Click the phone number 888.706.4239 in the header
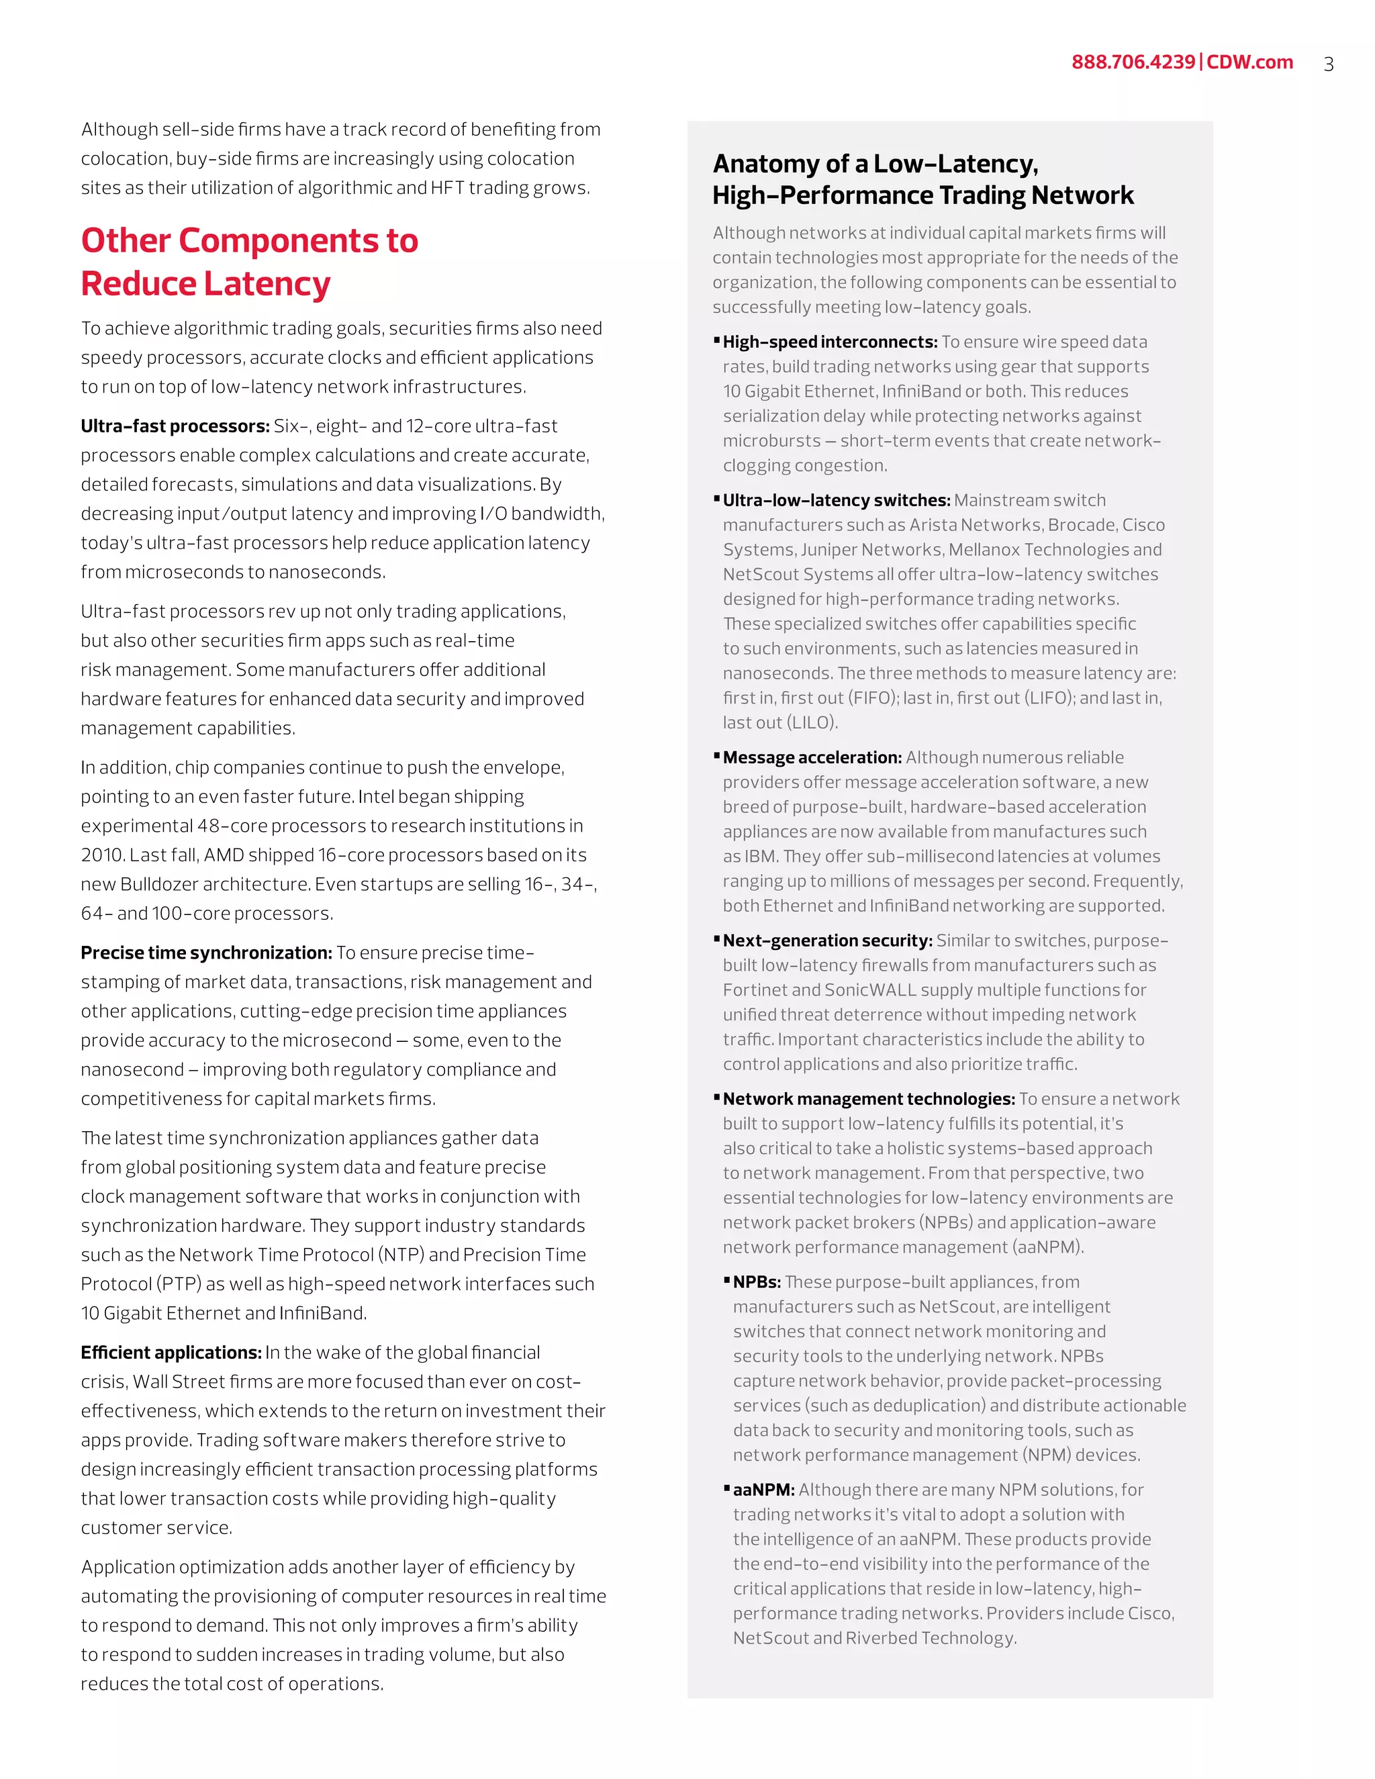pos(1132,62)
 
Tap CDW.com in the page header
pos(1249,62)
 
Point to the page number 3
pos(1329,64)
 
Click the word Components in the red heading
pos(278,241)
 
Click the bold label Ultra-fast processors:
pos(175,426)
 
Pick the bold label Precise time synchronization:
pos(206,953)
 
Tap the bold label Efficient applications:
pos(171,1353)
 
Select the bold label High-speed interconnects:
pos(830,342)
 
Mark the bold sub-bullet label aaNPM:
pos(763,1490)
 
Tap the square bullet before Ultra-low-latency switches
pos(717,499)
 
